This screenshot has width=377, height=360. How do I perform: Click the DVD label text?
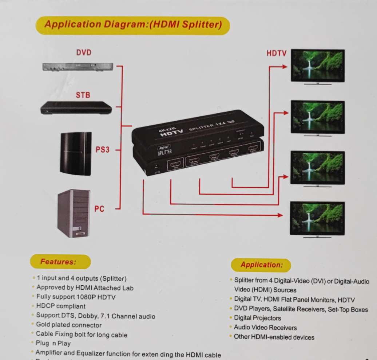tap(83, 53)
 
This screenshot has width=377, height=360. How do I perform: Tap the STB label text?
tap(83, 95)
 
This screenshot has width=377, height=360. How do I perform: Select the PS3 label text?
tap(102, 149)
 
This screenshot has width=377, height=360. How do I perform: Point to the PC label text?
tap(99, 209)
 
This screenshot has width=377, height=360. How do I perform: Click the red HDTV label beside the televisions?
tap(277, 54)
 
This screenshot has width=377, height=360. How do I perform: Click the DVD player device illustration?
tap(78, 67)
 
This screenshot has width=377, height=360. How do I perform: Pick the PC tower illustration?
tap(74, 214)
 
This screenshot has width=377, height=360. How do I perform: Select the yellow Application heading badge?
tap(261, 265)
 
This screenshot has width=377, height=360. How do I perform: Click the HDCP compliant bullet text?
tap(61, 306)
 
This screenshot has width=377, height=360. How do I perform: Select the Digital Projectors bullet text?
tap(257, 318)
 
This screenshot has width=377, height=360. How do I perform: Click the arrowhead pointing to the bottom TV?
tap(280, 215)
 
